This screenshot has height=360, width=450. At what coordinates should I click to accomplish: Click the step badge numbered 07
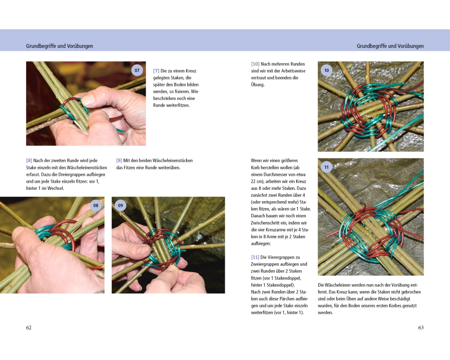[137, 70]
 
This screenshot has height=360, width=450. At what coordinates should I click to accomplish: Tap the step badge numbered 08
[96, 206]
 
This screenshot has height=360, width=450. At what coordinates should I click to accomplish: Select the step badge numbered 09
[121, 206]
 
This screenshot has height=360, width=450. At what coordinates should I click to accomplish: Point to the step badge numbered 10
[327, 70]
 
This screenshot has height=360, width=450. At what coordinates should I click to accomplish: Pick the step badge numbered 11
[327, 167]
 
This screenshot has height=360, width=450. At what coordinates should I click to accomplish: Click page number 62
[29, 328]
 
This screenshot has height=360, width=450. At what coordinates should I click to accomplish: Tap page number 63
[421, 328]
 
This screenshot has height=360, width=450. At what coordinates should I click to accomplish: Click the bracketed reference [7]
[156, 71]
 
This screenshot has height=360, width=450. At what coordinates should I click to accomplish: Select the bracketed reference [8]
[29, 161]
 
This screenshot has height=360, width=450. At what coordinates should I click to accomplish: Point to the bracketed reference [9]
[119, 161]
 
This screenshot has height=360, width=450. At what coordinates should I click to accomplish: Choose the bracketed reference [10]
[255, 64]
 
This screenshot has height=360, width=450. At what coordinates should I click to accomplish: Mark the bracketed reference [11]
[255, 257]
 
